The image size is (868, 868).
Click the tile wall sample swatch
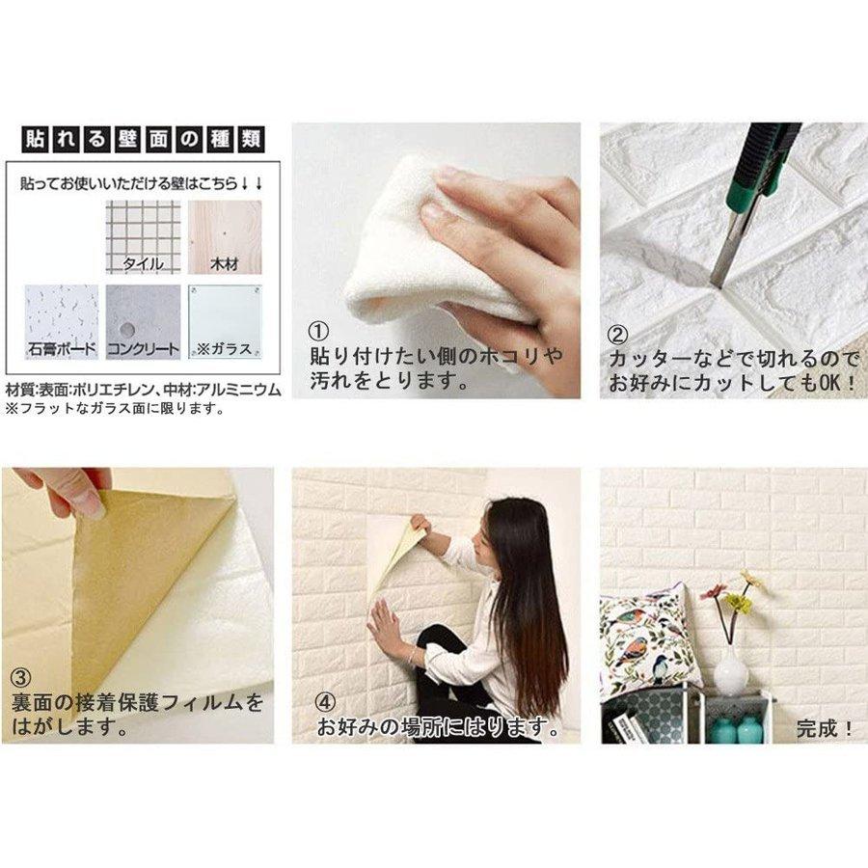(x=143, y=236)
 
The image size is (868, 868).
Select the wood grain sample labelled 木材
(x=225, y=236)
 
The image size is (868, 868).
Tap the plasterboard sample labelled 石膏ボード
(x=61, y=321)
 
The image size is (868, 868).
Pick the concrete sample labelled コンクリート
(x=143, y=321)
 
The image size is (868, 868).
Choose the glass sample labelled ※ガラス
(x=225, y=321)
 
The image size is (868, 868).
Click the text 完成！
(x=825, y=728)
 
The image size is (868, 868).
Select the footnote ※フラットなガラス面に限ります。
(x=116, y=408)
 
